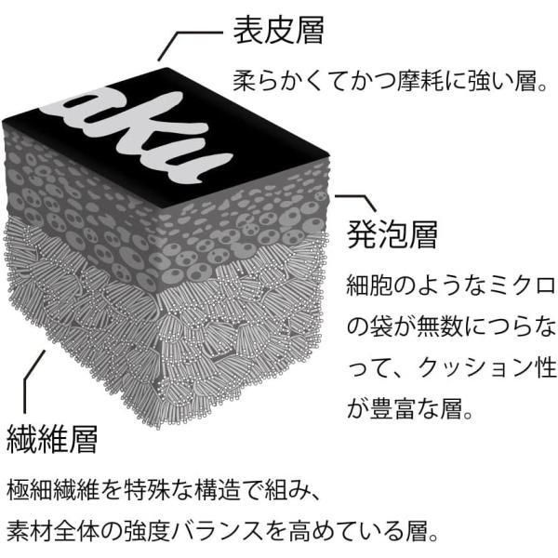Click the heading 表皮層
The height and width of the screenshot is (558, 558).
click(x=278, y=31)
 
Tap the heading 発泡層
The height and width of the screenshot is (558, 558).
click(x=392, y=234)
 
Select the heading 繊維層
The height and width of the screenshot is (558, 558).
click(x=52, y=439)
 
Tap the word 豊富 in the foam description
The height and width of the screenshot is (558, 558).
click(x=392, y=408)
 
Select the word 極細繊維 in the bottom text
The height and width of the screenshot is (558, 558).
click(x=53, y=490)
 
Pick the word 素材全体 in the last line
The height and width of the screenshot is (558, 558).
click(x=53, y=531)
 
